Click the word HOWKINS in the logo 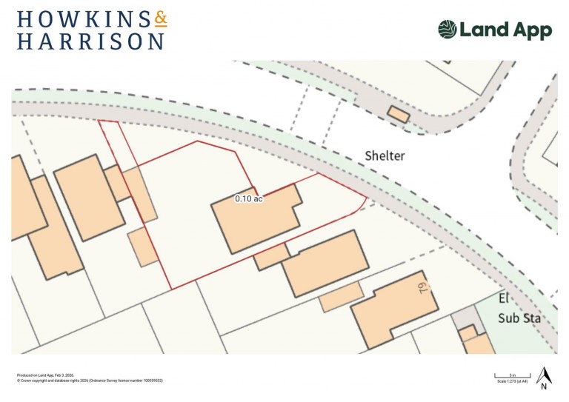click(x=74, y=19)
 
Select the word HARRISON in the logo click(x=90, y=41)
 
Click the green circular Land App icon click(x=447, y=30)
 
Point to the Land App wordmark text click(x=505, y=30)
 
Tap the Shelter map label click(x=386, y=155)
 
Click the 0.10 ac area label click(x=249, y=198)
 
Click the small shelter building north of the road click(x=399, y=115)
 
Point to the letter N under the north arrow click(x=544, y=386)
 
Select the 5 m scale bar click(x=512, y=377)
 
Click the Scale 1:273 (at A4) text click(x=512, y=381)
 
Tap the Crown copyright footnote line click(x=90, y=381)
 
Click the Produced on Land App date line click(x=45, y=375)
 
